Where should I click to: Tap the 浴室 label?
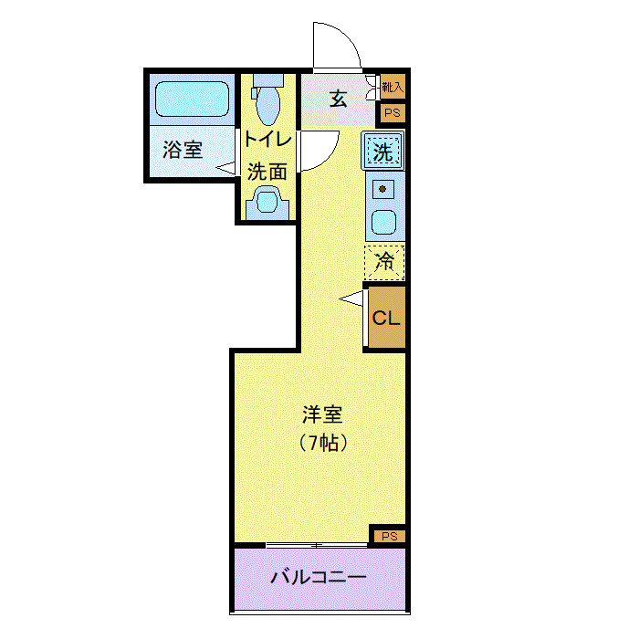(183, 151)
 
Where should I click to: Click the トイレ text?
(267, 141)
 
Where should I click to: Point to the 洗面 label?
(267, 171)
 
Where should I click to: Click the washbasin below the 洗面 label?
(267, 202)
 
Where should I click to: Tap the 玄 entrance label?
(339, 99)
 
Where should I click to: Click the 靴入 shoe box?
(393, 88)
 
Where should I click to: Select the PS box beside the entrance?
(393, 113)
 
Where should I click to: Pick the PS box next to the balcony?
(388, 537)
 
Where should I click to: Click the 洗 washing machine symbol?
(383, 152)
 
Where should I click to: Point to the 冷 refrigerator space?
(384, 263)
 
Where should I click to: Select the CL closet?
(385, 319)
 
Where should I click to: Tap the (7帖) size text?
(322, 444)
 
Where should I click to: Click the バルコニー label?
(319, 578)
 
